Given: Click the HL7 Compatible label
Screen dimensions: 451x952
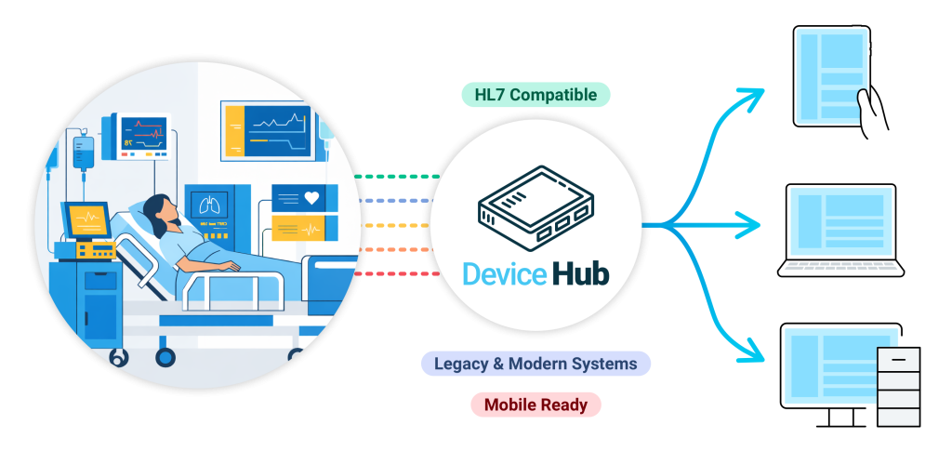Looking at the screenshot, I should [535, 95].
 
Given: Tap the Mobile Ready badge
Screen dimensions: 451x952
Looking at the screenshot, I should [535, 405].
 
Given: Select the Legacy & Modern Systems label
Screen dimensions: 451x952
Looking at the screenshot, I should [535, 364].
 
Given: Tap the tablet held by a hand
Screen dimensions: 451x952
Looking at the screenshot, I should [831, 76].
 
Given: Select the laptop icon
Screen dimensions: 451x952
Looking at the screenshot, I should [840, 229].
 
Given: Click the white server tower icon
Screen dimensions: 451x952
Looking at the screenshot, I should [898, 386].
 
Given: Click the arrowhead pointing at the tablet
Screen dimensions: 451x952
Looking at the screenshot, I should [755, 94].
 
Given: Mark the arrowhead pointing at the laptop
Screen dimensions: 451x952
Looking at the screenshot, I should [755, 224].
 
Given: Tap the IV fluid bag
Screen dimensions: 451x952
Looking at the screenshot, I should [84, 151].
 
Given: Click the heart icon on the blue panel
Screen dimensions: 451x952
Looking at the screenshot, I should [311, 197].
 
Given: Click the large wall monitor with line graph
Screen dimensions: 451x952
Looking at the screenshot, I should [266, 129].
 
